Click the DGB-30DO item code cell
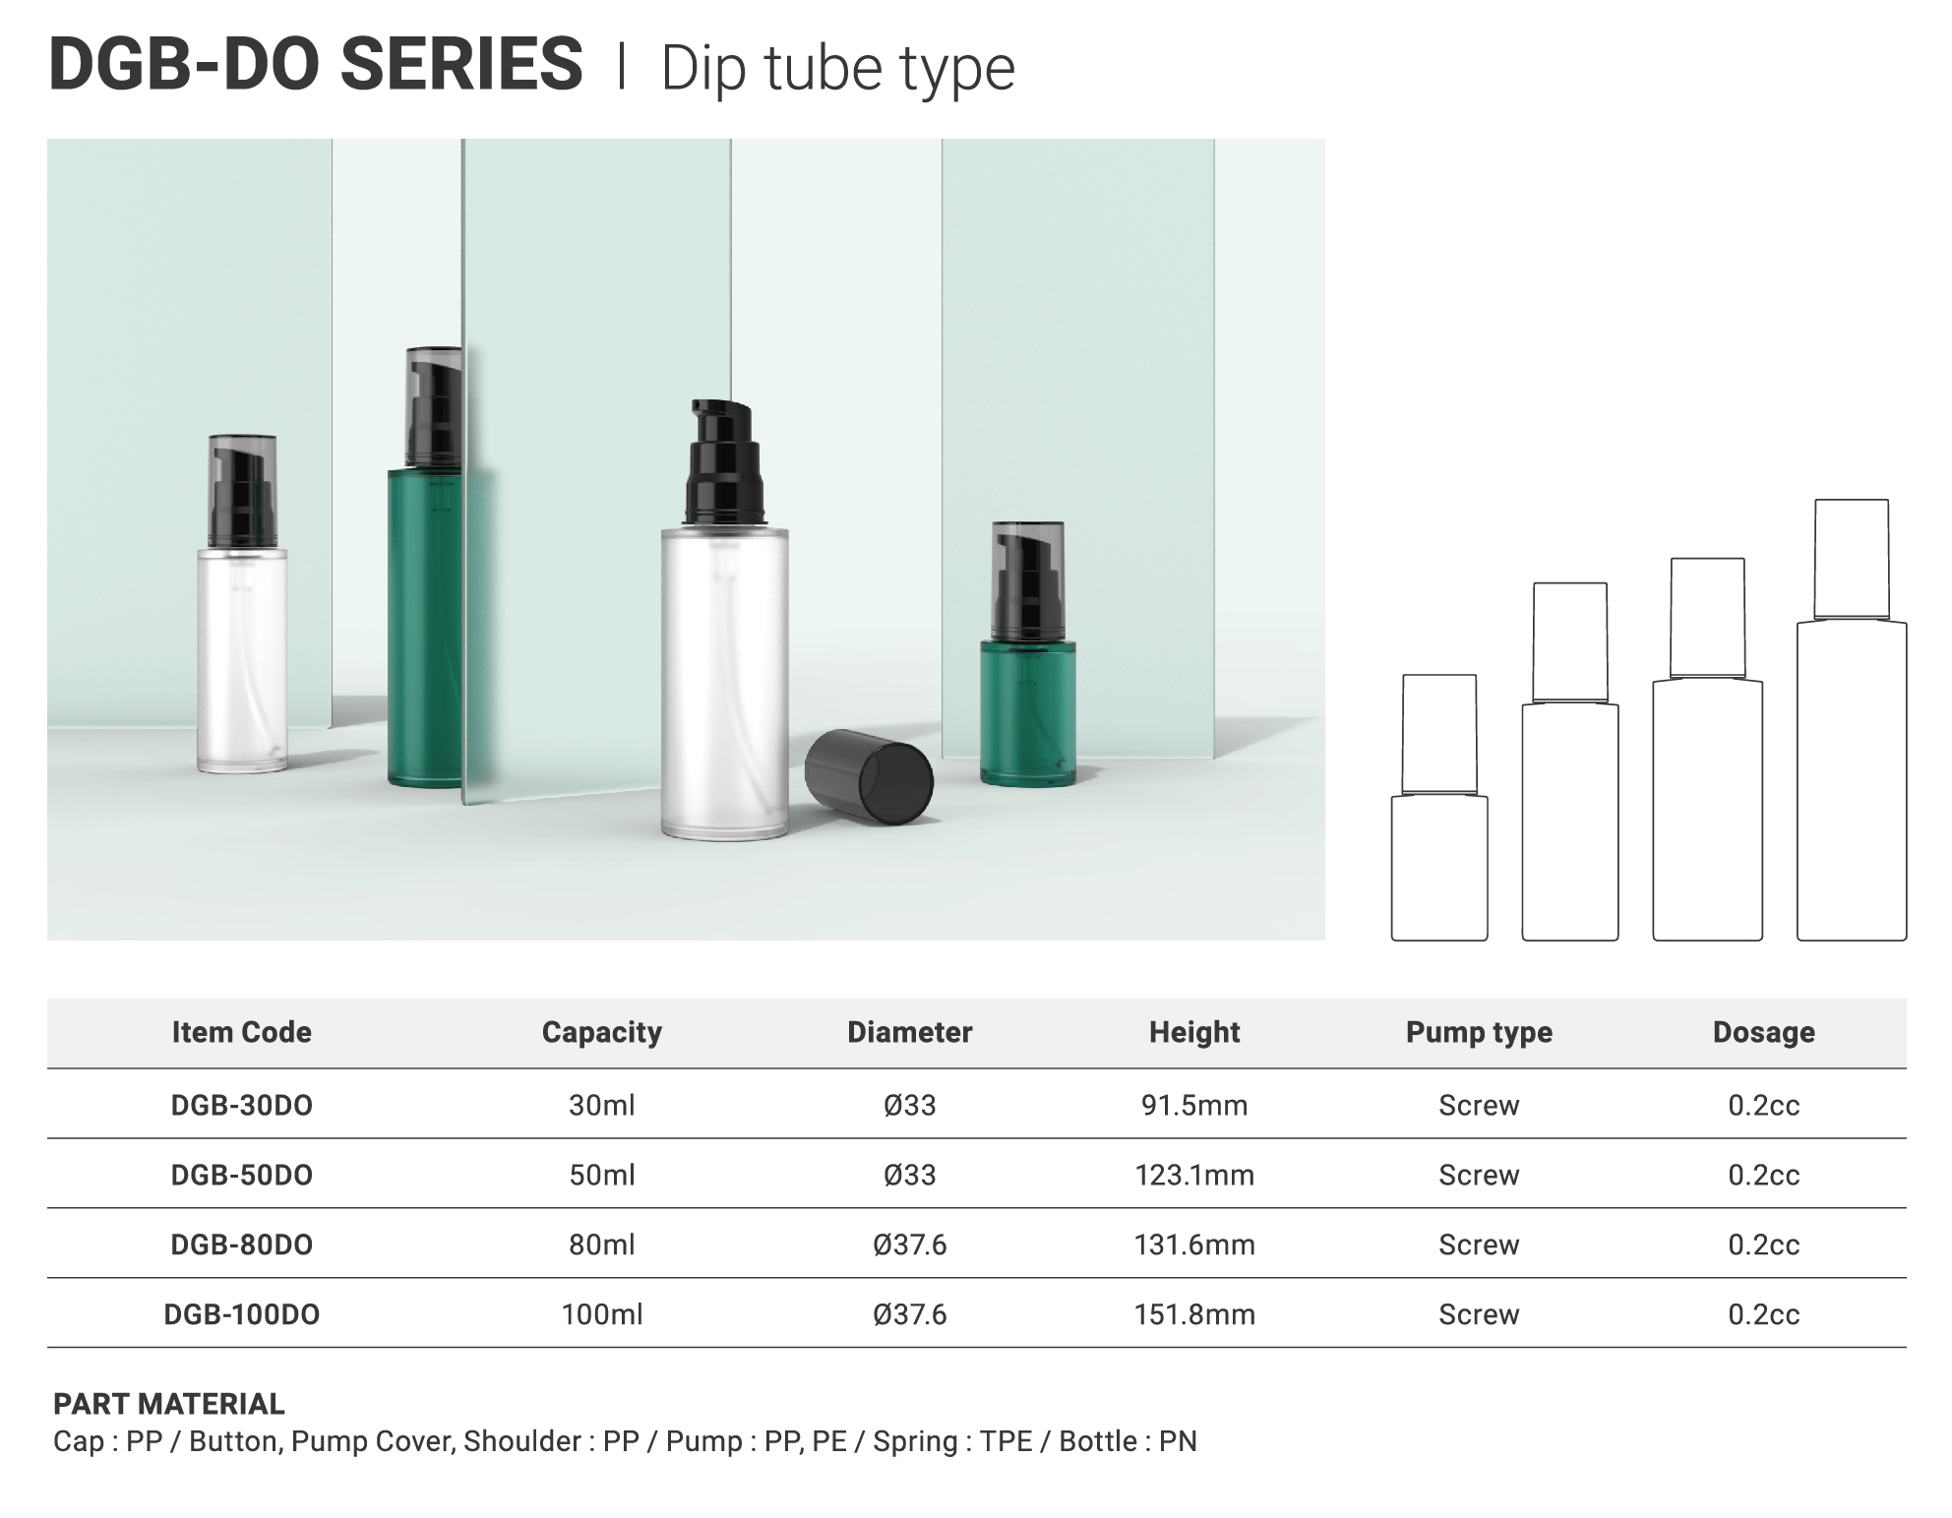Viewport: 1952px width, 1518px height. [x=241, y=1105]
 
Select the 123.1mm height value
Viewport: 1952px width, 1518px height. [x=1194, y=1175]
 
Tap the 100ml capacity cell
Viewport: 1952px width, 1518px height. [x=601, y=1314]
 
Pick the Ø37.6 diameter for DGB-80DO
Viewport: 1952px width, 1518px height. [x=909, y=1245]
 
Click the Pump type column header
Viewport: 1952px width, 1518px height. [x=1479, y=1032]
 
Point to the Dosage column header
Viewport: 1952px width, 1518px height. [x=1763, y=1032]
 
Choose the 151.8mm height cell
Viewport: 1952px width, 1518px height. [x=1194, y=1314]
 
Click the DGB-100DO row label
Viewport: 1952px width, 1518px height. [x=241, y=1314]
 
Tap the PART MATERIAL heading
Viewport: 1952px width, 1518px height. [x=169, y=1404]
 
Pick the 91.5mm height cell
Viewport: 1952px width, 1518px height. [x=1194, y=1105]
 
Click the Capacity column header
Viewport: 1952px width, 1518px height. [x=601, y=1032]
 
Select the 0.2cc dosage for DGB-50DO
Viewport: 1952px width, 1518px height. [x=1763, y=1175]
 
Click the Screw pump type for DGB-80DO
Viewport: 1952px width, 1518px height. [x=1479, y=1245]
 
